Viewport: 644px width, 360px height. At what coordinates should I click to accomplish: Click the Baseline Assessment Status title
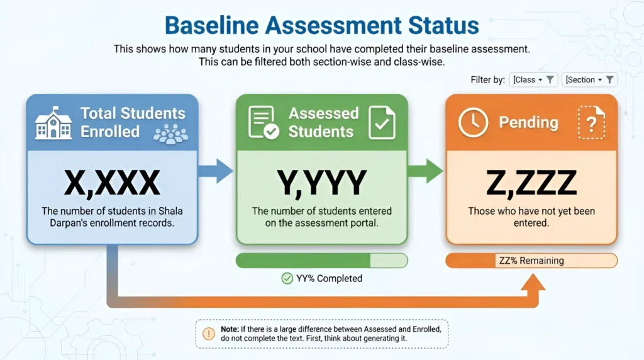tap(321, 25)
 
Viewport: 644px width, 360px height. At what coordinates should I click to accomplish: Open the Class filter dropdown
tap(533, 80)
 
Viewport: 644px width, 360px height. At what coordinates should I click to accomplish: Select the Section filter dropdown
tap(589, 80)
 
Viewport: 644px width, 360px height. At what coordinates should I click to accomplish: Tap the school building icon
tap(53, 123)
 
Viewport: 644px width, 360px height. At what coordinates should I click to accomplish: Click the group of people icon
tap(170, 133)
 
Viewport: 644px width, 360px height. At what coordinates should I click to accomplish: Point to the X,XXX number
tap(112, 183)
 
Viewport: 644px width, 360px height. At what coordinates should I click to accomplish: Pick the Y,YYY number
tap(321, 183)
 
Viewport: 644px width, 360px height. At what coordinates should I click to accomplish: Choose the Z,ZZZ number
tap(531, 183)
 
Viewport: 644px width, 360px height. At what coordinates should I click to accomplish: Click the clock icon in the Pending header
tap(473, 123)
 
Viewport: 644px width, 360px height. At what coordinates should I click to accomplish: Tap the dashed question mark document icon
tap(591, 123)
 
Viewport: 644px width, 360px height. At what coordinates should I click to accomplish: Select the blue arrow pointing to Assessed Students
tap(216, 171)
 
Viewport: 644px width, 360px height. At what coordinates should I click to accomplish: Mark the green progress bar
tap(321, 261)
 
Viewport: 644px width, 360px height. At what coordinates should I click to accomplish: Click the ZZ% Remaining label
tap(531, 261)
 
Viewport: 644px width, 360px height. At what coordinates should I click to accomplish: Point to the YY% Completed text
tap(329, 279)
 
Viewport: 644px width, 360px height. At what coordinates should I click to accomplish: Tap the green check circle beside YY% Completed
tap(287, 279)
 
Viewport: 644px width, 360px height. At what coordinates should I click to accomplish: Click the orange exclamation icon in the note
tap(209, 334)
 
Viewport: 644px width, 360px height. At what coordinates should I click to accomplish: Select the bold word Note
tap(230, 329)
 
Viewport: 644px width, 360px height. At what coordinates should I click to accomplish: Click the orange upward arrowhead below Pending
tap(533, 283)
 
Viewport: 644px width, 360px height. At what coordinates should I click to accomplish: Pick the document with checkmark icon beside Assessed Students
tap(382, 123)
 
